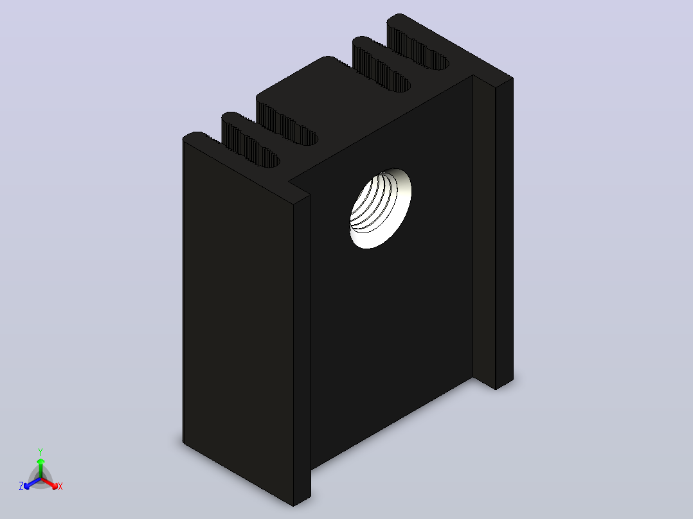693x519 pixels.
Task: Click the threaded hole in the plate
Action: [x=380, y=208]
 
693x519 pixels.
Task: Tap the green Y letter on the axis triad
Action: [x=40, y=452]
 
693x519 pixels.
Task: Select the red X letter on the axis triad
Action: [x=60, y=486]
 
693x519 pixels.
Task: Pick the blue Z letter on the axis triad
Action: [x=21, y=486]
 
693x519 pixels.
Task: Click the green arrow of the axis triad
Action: [x=40, y=468]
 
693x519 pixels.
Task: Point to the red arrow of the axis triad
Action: [x=50, y=483]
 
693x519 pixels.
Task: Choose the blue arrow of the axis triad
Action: [x=32, y=483]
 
